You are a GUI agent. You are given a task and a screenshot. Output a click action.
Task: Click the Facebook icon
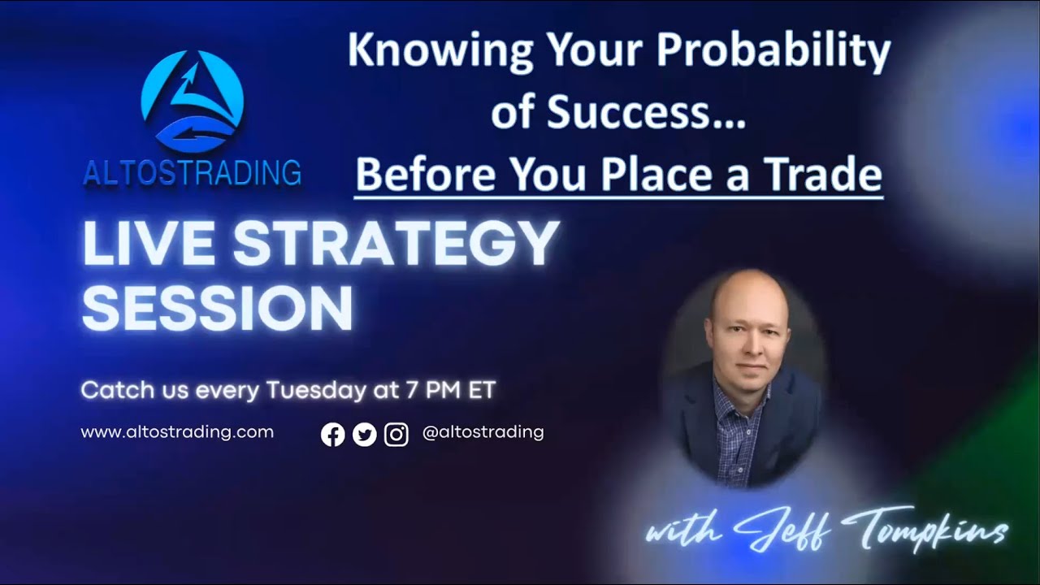pyautogui.click(x=332, y=435)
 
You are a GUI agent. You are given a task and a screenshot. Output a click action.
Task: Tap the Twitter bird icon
pyautogui.click(x=365, y=435)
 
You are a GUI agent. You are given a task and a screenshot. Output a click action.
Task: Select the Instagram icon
pyautogui.click(x=396, y=435)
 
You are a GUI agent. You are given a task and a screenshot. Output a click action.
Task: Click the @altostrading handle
pyautogui.click(x=483, y=432)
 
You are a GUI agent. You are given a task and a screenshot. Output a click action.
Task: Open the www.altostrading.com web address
pyautogui.click(x=177, y=432)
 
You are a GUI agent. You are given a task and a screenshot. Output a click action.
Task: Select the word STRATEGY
pyautogui.click(x=396, y=244)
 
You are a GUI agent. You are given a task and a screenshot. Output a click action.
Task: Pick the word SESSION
pyautogui.click(x=218, y=309)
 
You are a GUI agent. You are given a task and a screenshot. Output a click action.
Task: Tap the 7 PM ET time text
pyautogui.click(x=449, y=391)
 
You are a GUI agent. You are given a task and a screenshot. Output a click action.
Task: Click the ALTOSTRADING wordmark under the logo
pyautogui.click(x=193, y=173)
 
